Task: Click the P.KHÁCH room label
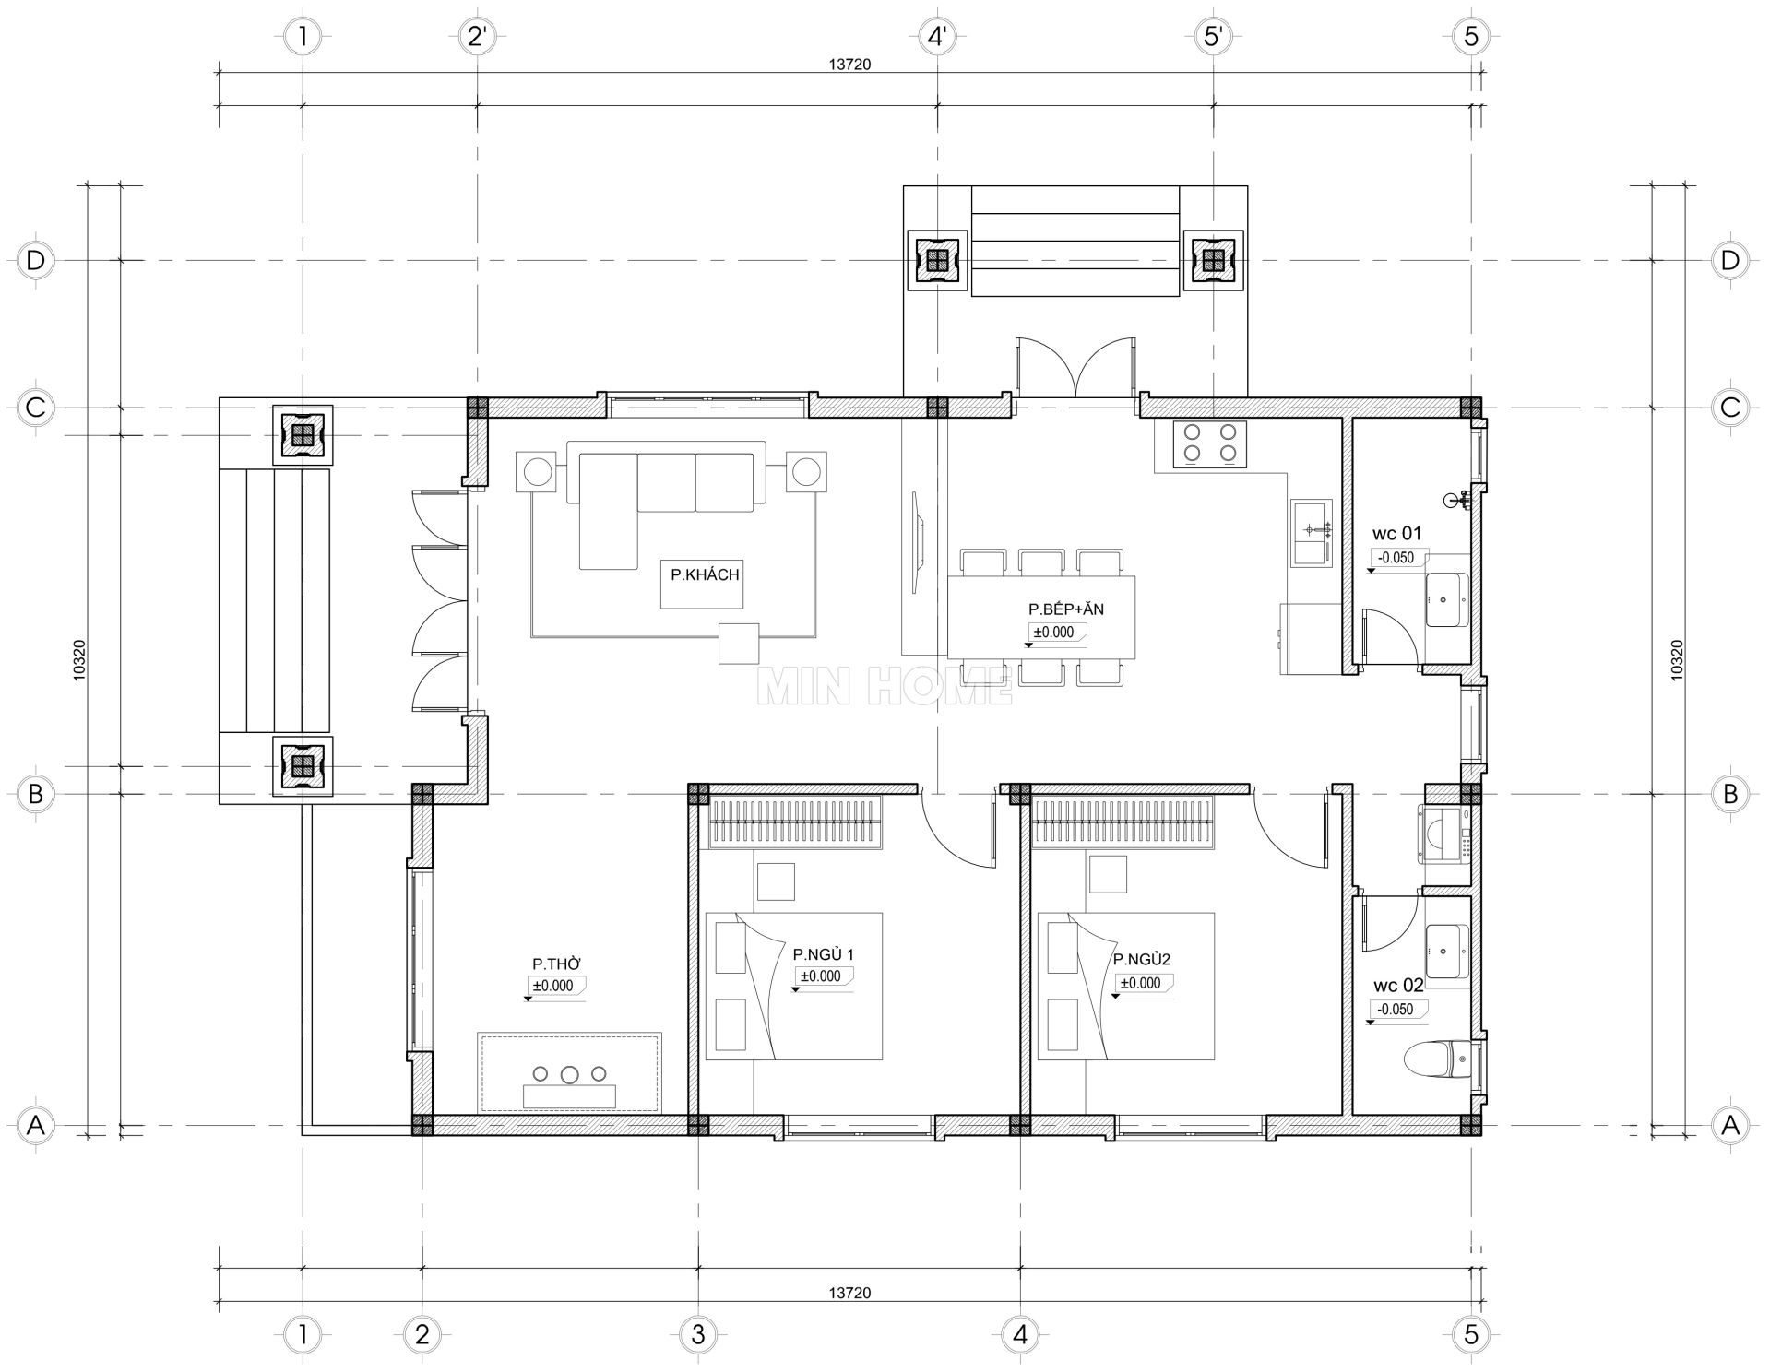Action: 705,574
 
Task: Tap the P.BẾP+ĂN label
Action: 1066,609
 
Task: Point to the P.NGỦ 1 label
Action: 823,954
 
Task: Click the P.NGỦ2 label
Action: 1142,960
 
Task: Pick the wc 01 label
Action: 1396,533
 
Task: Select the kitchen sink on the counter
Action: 1311,533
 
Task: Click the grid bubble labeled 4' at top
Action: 937,37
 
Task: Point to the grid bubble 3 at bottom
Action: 697,1334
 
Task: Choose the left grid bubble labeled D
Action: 35,261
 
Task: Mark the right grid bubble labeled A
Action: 1730,1125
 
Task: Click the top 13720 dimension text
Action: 849,65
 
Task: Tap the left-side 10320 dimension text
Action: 79,660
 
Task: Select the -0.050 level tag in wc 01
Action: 1396,558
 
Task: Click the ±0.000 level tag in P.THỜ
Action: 553,986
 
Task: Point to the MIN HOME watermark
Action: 885,686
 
